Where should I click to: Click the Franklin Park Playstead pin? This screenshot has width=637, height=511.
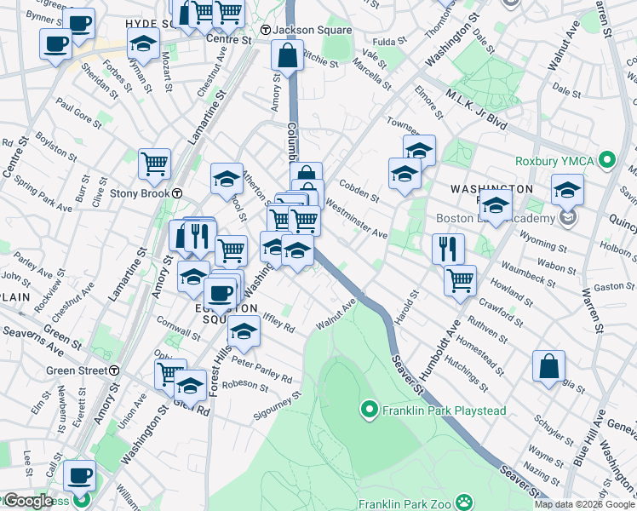click(369, 411)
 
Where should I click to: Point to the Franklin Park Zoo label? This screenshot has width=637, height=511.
click(407, 502)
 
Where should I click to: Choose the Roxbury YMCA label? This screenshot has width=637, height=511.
click(558, 160)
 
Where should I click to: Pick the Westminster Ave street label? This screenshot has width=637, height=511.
click(356, 222)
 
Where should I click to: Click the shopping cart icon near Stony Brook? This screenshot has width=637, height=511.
click(154, 162)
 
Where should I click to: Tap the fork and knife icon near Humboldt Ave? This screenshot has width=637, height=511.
click(448, 248)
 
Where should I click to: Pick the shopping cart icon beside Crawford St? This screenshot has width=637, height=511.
click(461, 279)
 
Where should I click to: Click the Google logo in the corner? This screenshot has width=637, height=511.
click(27, 502)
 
